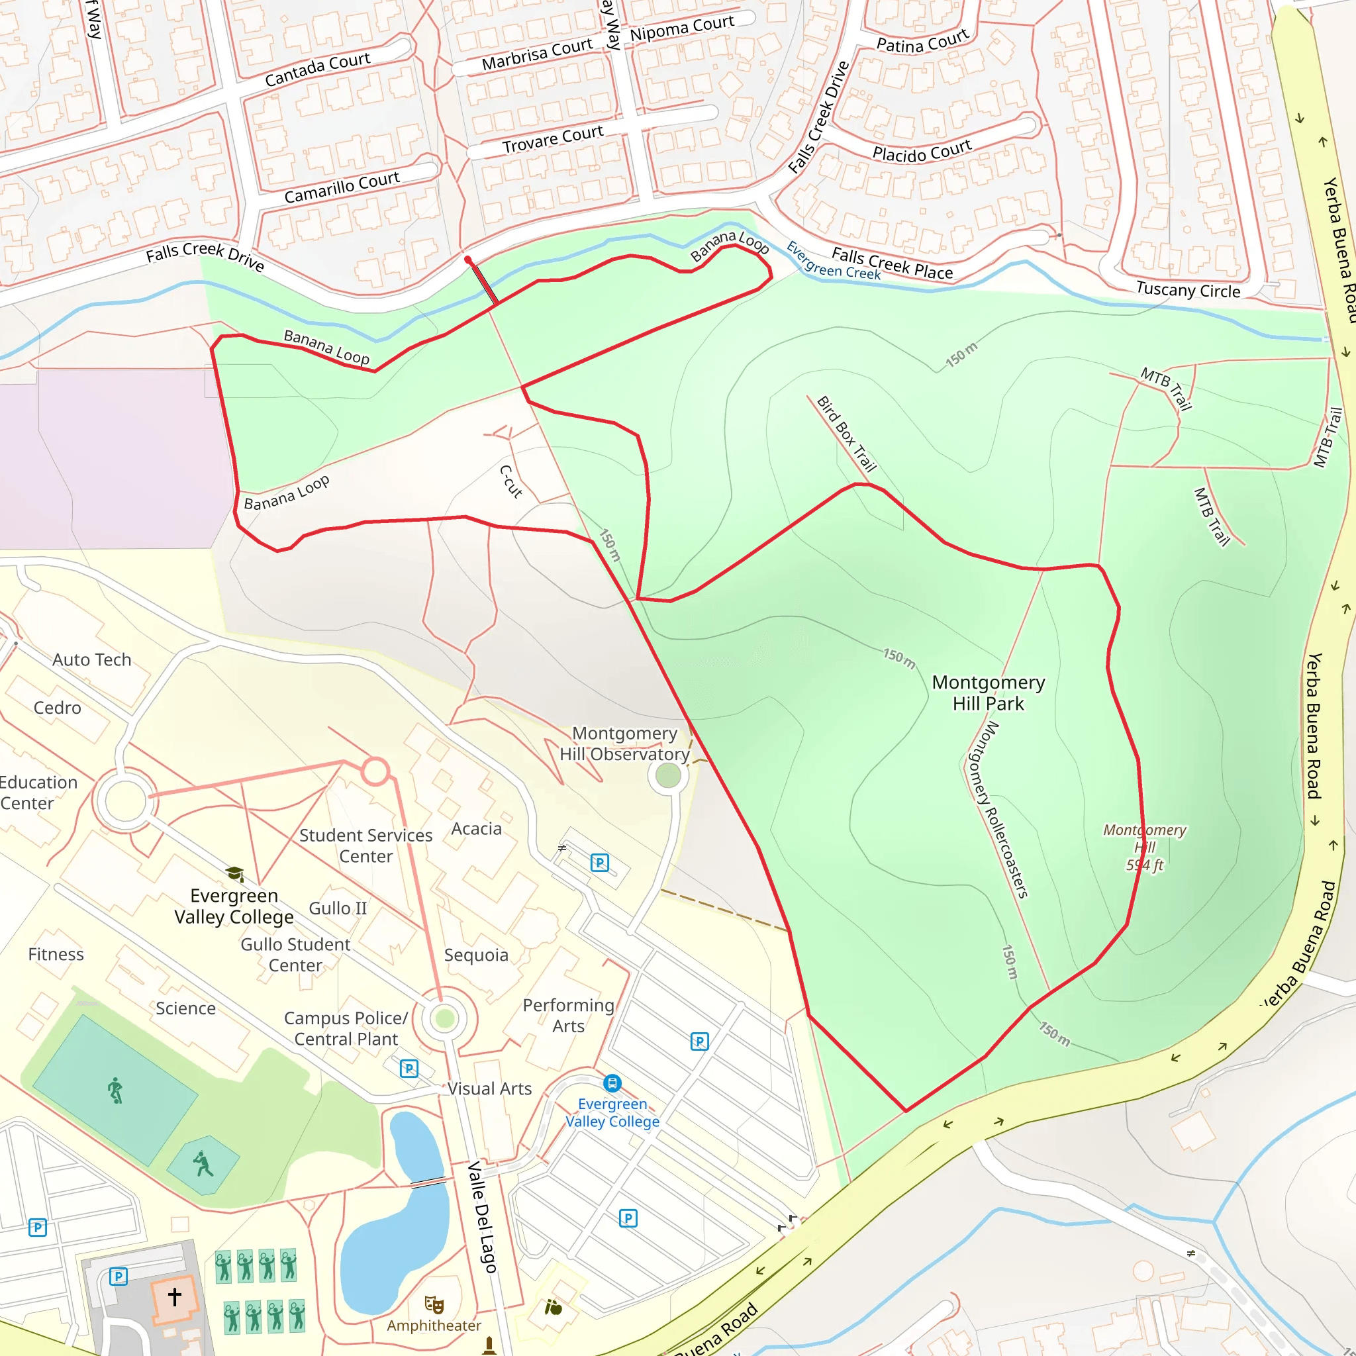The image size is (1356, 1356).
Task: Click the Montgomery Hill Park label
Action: pyautogui.click(x=989, y=693)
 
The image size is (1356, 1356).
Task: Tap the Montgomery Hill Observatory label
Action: pyautogui.click(x=624, y=744)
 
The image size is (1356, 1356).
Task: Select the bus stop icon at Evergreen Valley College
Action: pyautogui.click(x=612, y=1083)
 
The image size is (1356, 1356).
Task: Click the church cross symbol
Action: pyautogui.click(x=175, y=1296)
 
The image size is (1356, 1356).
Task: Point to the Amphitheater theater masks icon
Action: pyautogui.click(x=434, y=1305)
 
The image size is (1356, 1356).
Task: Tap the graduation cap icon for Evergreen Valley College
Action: pyautogui.click(x=234, y=874)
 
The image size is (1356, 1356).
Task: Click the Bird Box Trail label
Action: pyautogui.click(x=846, y=434)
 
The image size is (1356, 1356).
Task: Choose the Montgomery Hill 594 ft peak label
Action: pyautogui.click(x=1144, y=847)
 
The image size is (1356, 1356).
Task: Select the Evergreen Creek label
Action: pyautogui.click(x=833, y=260)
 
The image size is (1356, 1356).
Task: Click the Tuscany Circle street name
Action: pyautogui.click(x=1188, y=289)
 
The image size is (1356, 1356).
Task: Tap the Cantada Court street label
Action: pyautogui.click(x=317, y=70)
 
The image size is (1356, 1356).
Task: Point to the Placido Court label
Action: pyautogui.click(x=922, y=151)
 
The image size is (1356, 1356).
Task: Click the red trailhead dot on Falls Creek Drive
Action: pyautogui.click(x=468, y=260)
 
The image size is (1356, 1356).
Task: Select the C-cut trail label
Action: pyautogui.click(x=511, y=481)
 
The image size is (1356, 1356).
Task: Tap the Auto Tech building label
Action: pyautogui.click(x=92, y=659)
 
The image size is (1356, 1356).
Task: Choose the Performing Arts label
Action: pyautogui.click(x=568, y=1016)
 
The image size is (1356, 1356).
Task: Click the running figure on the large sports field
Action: pyautogui.click(x=115, y=1090)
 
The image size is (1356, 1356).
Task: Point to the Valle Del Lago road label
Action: pyautogui.click(x=482, y=1217)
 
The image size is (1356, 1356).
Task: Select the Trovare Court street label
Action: pyautogui.click(x=552, y=139)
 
